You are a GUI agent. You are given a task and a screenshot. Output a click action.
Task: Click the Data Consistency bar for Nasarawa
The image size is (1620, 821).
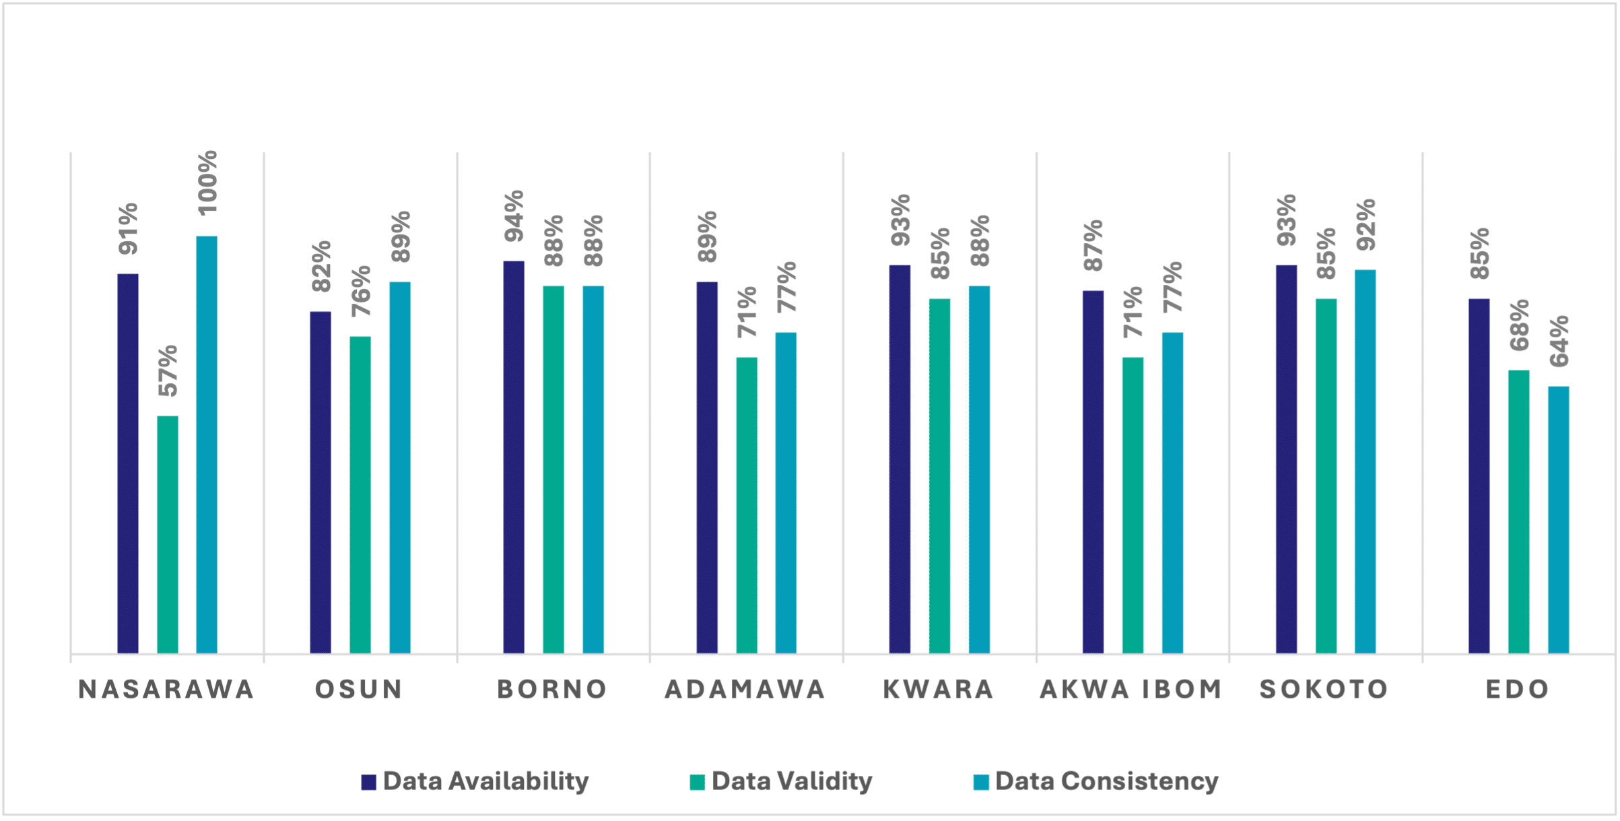[x=207, y=445]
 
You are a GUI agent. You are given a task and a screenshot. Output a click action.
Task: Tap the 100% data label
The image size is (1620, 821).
[x=207, y=183]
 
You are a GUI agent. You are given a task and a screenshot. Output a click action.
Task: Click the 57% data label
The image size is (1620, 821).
[x=168, y=370]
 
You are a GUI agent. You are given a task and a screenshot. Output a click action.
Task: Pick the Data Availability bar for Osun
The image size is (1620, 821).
[x=320, y=482]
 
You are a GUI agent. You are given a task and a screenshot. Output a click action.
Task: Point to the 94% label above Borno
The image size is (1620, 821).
[x=514, y=216]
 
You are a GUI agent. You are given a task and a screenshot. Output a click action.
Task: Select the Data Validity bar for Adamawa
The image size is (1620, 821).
[x=747, y=505]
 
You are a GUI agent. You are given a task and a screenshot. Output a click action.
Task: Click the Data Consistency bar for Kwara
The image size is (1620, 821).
[x=979, y=469]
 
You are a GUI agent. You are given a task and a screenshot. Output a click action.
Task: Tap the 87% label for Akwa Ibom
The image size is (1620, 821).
[x=1093, y=246]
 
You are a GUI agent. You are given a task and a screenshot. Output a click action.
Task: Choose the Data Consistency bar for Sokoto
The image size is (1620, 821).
[x=1365, y=461]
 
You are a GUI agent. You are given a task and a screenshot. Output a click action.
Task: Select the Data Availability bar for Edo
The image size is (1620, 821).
[x=1479, y=475]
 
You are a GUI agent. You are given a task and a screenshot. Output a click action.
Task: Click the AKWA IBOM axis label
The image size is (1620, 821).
[x=1131, y=689]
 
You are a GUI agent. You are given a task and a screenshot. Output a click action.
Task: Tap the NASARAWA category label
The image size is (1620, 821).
[x=167, y=689]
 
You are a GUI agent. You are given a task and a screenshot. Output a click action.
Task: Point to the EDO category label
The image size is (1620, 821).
[x=1518, y=689]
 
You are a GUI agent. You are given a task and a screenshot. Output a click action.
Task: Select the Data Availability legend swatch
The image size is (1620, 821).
[x=368, y=782]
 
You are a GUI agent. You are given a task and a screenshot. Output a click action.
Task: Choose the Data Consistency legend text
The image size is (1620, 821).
[x=1106, y=781]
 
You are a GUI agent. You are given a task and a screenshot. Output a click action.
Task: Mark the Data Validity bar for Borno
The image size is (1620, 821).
[x=553, y=469]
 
